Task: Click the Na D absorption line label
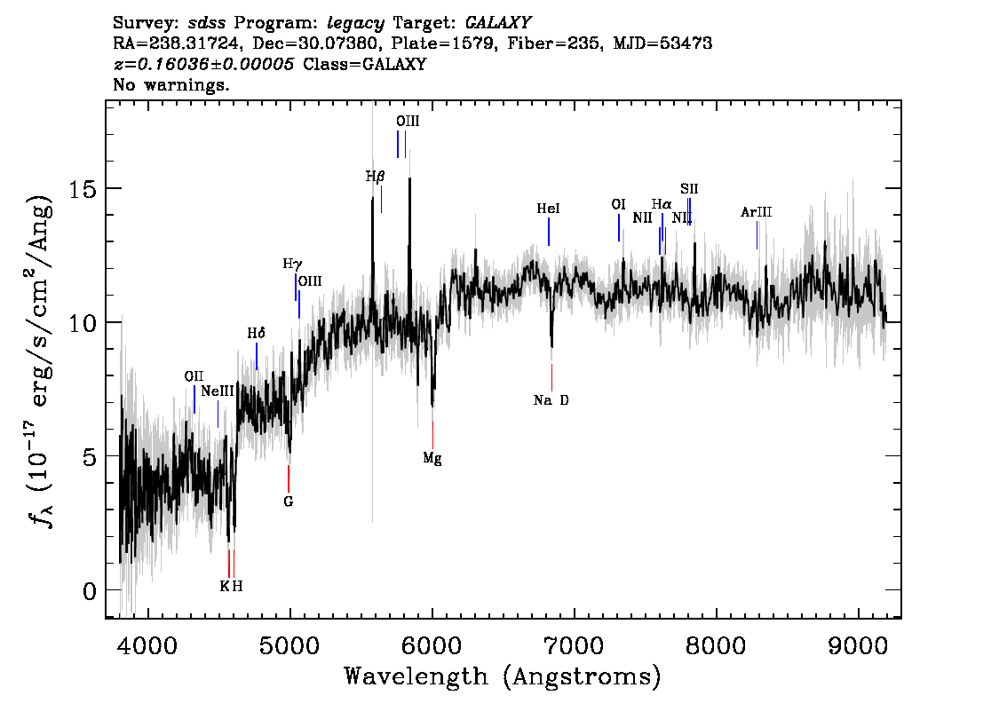click(x=551, y=400)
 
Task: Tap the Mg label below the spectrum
click(x=432, y=458)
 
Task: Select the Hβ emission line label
click(x=375, y=177)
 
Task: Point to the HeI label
click(x=549, y=209)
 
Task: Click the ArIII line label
click(x=756, y=212)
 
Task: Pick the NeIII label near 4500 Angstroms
click(x=217, y=391)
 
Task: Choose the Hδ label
click(x=257, y=333)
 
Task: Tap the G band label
click(x=289, y=502)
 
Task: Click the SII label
click(x=689, y=189)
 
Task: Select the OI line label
click(x=618, y=204)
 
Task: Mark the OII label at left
click(x=194, y=376)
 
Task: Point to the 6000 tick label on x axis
click(x=432, y=645)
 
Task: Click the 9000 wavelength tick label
click(x=858, y=645)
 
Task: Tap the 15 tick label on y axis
click(x=83, y=189)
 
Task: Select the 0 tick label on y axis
click(x=90, y=590)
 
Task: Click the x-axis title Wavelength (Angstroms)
click(x=503, y=676)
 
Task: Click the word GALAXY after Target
click(x=497, y=23)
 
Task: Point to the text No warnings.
click(x=170, y=84)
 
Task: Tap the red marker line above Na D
click(x=551, y=377)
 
